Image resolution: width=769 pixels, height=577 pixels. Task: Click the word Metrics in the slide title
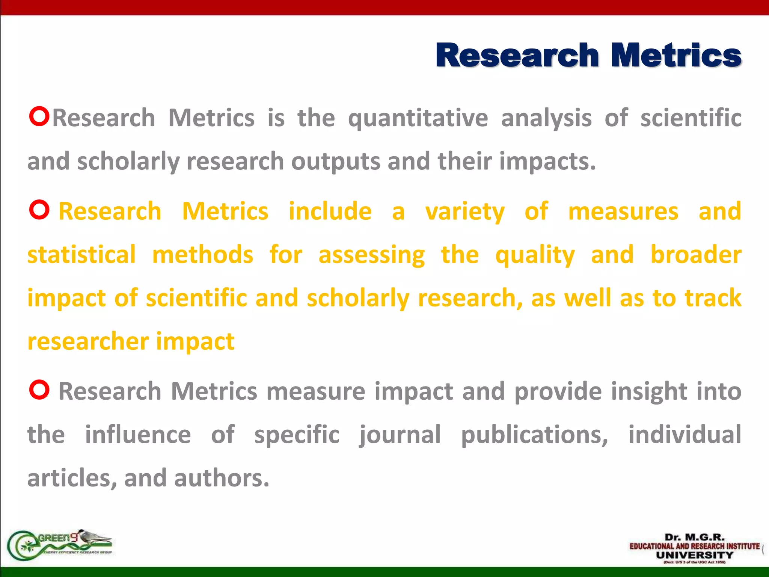tap(676, 56)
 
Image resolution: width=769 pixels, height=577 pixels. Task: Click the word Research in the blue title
tap(517, 56)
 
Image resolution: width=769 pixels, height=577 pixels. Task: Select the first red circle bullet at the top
tap(39, 116)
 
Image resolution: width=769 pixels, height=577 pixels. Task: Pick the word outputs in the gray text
tap(336, 162)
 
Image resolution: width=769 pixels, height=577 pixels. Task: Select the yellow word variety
tap(465, 212)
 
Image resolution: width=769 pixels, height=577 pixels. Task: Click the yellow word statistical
tap(81, 255)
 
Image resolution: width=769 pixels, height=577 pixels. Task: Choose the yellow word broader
tap(696, 255)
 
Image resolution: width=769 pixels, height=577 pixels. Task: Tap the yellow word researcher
tap(88, 341)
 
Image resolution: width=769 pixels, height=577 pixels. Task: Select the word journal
tap(400, 435)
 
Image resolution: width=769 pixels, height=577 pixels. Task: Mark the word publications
tap(534, 435)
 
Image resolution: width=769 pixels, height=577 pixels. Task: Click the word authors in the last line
tap(222, 478)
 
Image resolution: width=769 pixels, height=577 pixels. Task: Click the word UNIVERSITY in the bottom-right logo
tap(694, 555)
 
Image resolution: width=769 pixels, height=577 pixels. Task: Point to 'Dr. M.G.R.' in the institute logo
tap(694, 537)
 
